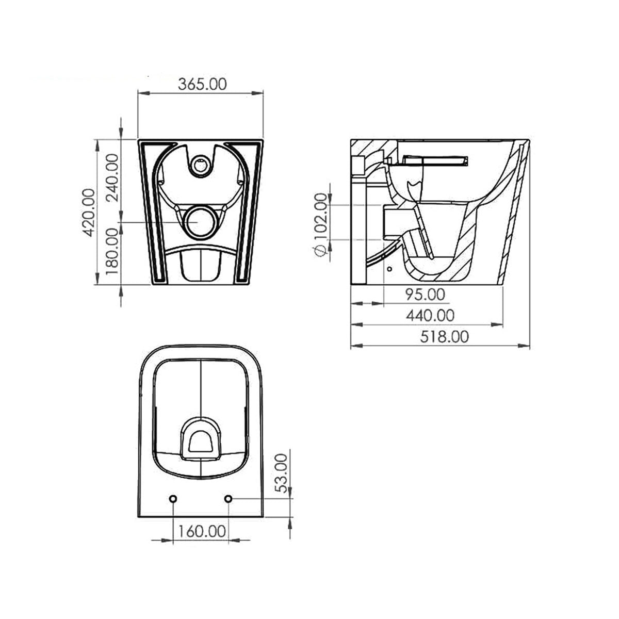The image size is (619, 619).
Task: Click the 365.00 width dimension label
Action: click(x=202, y=85)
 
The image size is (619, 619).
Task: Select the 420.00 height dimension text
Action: click(x=89, y=212)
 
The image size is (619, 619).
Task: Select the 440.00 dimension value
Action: click(x=430, y=315)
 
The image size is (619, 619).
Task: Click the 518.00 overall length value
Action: click(x=444, y=337)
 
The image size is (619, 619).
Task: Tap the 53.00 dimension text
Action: click(x=281, y=473)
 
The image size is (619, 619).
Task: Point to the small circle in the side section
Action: click(x=389, y=269)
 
